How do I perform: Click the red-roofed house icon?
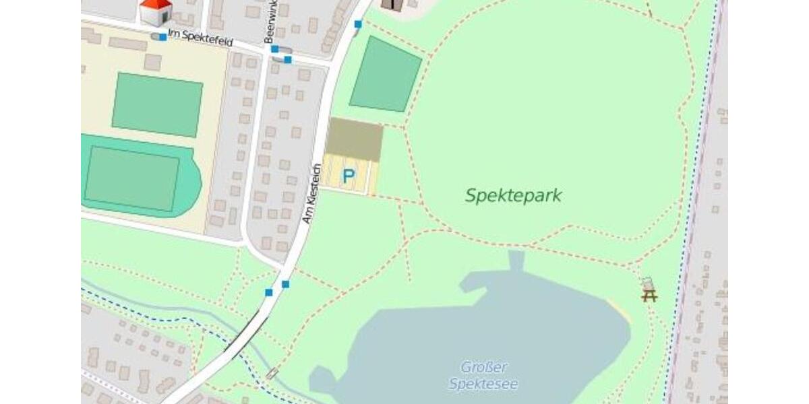click(155, 11)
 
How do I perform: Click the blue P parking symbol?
click(348, 176)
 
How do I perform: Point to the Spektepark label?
click(513, 196)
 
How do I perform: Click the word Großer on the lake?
click(484, 368)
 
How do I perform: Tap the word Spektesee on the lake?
click(483, 384)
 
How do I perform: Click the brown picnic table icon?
click(649, 294)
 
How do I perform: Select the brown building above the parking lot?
click(355, 139)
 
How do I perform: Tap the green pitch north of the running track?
click(157, 105)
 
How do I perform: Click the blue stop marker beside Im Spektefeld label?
click(162, 36)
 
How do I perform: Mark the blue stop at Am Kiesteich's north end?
click(358, 24)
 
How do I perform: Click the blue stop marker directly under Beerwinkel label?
click(274, 48)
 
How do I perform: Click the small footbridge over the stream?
click(272, 372)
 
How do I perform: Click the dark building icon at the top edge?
click(392, 5)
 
